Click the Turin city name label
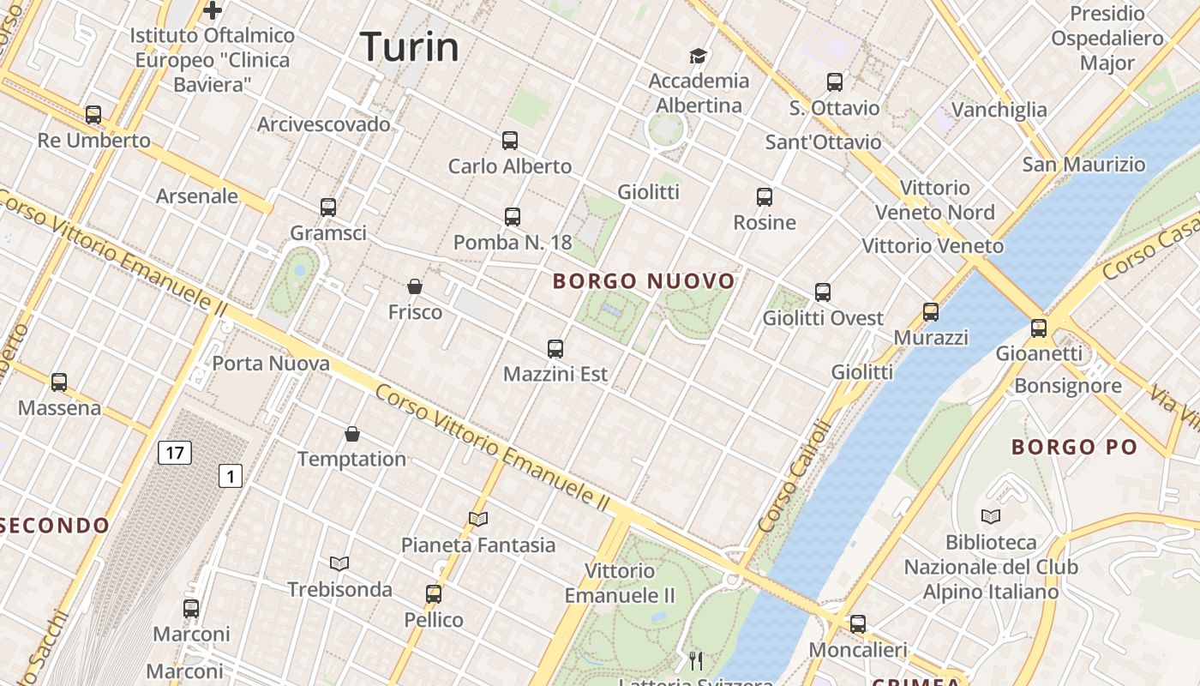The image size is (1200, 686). click(410, 45)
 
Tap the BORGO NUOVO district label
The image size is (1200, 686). click(644, 281)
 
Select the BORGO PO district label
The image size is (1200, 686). click(1074, 447)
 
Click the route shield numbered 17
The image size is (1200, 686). click(174, 452)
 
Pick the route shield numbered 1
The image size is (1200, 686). click(230, 475)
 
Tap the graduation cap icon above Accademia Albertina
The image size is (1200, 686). click(699, 57)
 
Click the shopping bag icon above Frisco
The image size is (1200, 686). click(415, 286)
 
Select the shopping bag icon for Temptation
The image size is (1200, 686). click(351, 434)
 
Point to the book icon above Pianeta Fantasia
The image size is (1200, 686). click(478, 519)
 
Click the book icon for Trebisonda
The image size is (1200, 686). click(339, 563)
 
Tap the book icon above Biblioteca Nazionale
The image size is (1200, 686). click(990, 516)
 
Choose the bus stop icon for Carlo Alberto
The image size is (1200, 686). click(510, 140)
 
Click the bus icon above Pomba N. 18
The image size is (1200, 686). click(513, 217)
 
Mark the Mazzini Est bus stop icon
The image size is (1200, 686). click(555, 349)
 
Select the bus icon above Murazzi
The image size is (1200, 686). click(931, 312)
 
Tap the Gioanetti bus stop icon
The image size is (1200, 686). click(1039, 328)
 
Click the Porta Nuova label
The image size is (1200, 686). click(271, 364)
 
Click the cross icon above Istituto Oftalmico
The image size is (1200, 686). click(213, 10)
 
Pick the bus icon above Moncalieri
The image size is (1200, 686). click(858, 624)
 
